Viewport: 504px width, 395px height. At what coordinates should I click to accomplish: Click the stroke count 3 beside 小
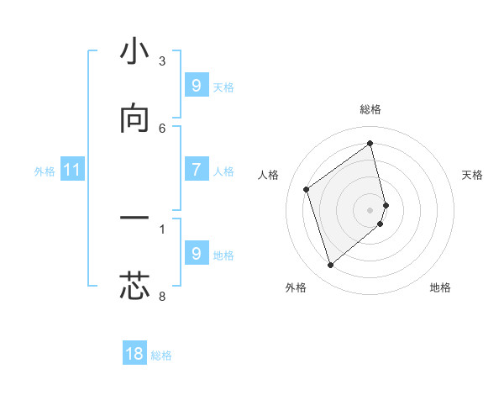[162, 61]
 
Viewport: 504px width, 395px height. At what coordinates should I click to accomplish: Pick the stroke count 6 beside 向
[162, 128]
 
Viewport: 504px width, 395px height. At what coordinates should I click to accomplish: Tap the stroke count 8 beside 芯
[162, 296]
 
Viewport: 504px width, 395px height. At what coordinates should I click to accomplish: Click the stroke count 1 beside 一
[162, 228]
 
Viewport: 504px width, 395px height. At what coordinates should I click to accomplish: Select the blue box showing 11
[72, 170]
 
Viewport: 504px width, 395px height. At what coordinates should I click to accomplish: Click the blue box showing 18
[134, 354]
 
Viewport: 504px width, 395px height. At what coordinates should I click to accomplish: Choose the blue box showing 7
[196, 170]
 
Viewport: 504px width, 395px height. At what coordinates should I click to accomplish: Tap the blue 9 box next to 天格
[196, 86]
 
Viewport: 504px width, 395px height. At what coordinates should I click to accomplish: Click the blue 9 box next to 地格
[196, 254]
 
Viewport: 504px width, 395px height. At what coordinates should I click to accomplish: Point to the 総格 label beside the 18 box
[161, 355]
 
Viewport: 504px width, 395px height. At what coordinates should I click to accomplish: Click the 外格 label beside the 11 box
[45, 171]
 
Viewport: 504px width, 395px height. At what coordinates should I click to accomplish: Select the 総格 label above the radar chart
[370, 109]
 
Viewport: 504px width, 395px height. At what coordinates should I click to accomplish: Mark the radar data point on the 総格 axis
[370, 143]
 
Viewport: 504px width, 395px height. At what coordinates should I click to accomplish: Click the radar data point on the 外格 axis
[330, 266]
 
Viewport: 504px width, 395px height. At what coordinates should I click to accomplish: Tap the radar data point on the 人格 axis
[307, 189]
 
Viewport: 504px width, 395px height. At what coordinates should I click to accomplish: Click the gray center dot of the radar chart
[370, 209]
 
